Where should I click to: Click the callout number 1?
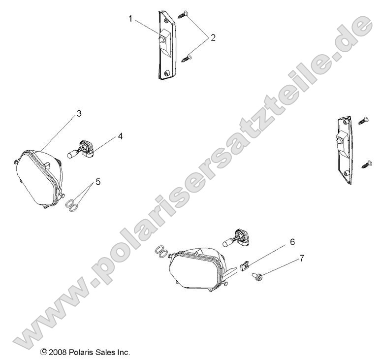pos(131,19)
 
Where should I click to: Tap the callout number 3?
pos(79,114)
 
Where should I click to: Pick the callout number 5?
pos(98,182)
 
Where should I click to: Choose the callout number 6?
pos(292,242)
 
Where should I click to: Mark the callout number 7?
pos(302,258)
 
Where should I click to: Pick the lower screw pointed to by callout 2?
pos(188,59)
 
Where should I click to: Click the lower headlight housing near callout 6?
pos(195,268)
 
